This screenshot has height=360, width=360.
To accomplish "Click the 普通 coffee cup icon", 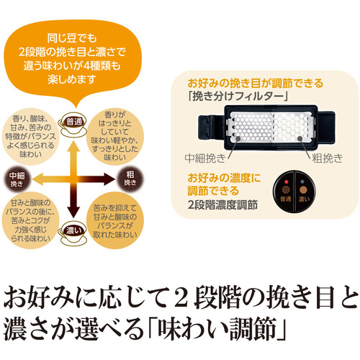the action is (x=73, y=125).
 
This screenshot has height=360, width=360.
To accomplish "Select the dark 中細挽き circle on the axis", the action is (x=17, y=179).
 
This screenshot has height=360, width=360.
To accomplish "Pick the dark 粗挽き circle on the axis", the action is (x=130, y=179).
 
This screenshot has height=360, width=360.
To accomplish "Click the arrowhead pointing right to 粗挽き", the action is (x=109, y=179).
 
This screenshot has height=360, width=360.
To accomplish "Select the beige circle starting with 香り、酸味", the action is (x=30, y=137).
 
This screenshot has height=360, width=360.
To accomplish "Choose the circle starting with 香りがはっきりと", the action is (x=115, y=136).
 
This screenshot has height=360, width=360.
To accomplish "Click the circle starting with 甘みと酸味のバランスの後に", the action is (x=30, y=220).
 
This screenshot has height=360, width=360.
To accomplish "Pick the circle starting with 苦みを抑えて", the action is (x=115, y=220).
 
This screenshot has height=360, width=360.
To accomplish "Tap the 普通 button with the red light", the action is (x=285, y=192).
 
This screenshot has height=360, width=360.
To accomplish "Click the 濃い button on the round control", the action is (x=305, y=192).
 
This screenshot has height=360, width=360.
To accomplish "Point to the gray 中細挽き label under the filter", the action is (x=205, y=158).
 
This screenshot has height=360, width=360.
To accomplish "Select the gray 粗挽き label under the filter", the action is (x=328, y=158).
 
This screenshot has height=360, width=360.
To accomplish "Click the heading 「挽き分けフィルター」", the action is (x=238, y=96).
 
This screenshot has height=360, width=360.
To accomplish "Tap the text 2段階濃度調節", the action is (x=222, y=205).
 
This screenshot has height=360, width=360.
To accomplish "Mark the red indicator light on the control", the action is (x=286, y=181).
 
